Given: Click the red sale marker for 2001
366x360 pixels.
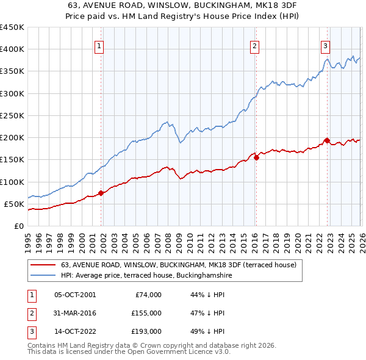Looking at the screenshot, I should (101, 193).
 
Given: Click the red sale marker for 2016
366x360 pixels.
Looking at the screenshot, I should (256, 157).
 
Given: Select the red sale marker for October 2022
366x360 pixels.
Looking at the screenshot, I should (327, 140).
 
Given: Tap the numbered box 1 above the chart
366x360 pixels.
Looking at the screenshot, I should (99, 45).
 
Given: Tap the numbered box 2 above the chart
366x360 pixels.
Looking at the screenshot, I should (254, 45).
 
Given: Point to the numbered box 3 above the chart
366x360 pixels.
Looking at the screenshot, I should (326, 45).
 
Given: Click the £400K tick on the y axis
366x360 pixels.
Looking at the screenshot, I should (12, 49).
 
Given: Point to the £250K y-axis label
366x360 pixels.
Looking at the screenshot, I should (12, 115).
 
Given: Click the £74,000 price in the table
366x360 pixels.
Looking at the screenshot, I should (146, 295).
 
